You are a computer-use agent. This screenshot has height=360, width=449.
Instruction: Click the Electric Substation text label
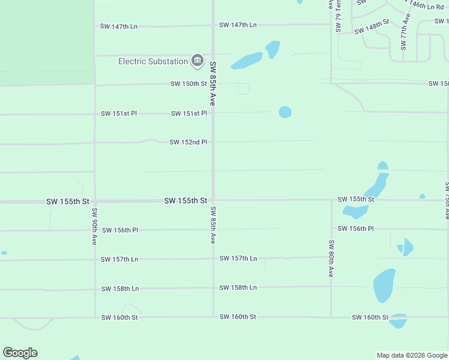(x=153, y=61)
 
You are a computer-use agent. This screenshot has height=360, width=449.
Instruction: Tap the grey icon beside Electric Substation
(x=197, y=61)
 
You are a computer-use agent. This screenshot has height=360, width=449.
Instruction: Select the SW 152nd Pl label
(x=188, y=142)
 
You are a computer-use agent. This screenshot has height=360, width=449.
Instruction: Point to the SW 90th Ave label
(x=95, y=226)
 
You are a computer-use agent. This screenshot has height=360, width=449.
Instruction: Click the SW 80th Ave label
(x=331, y=258)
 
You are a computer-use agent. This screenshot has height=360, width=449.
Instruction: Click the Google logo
(x=20, y=353)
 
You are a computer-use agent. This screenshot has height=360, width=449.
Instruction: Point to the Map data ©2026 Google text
(x=411, y=355)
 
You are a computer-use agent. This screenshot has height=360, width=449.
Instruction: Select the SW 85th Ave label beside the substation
(x=212, y=83)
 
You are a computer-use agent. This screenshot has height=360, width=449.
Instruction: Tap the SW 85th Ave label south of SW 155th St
(x=212, y=225)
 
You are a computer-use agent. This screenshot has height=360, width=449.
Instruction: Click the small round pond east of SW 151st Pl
(x=285, y=112)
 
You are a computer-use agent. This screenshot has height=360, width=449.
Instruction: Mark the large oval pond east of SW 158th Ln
(x=384, y=284)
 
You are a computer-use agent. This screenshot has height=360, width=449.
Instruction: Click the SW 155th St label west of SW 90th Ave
(x=67, y=202)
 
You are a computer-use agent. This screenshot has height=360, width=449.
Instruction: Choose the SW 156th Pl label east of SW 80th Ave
(x=355, y=229)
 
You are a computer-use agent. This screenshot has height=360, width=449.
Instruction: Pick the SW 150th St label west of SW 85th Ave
(x=188, y=83)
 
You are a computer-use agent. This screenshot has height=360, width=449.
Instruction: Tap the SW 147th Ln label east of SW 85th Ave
(x=238, y=25)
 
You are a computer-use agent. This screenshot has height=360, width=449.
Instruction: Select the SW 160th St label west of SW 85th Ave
(x=119, y=317)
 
